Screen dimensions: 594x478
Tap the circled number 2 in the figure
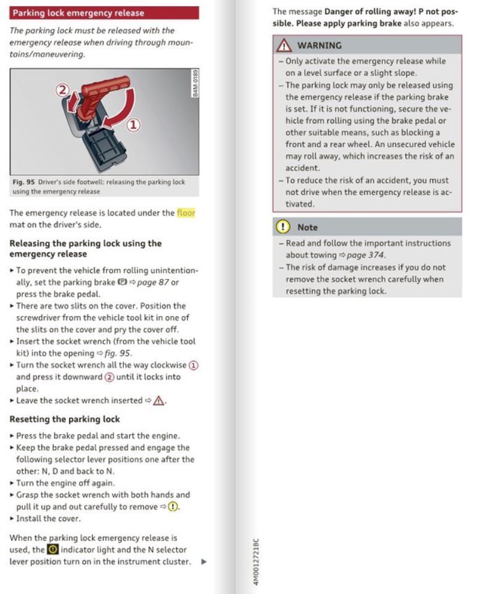point(62,91)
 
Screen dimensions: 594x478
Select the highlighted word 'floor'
point(186,213)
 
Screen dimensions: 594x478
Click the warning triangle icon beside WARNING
point(284,45)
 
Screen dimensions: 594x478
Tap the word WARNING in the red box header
point(319,45)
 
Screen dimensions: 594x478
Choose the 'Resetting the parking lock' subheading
point(65,419)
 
